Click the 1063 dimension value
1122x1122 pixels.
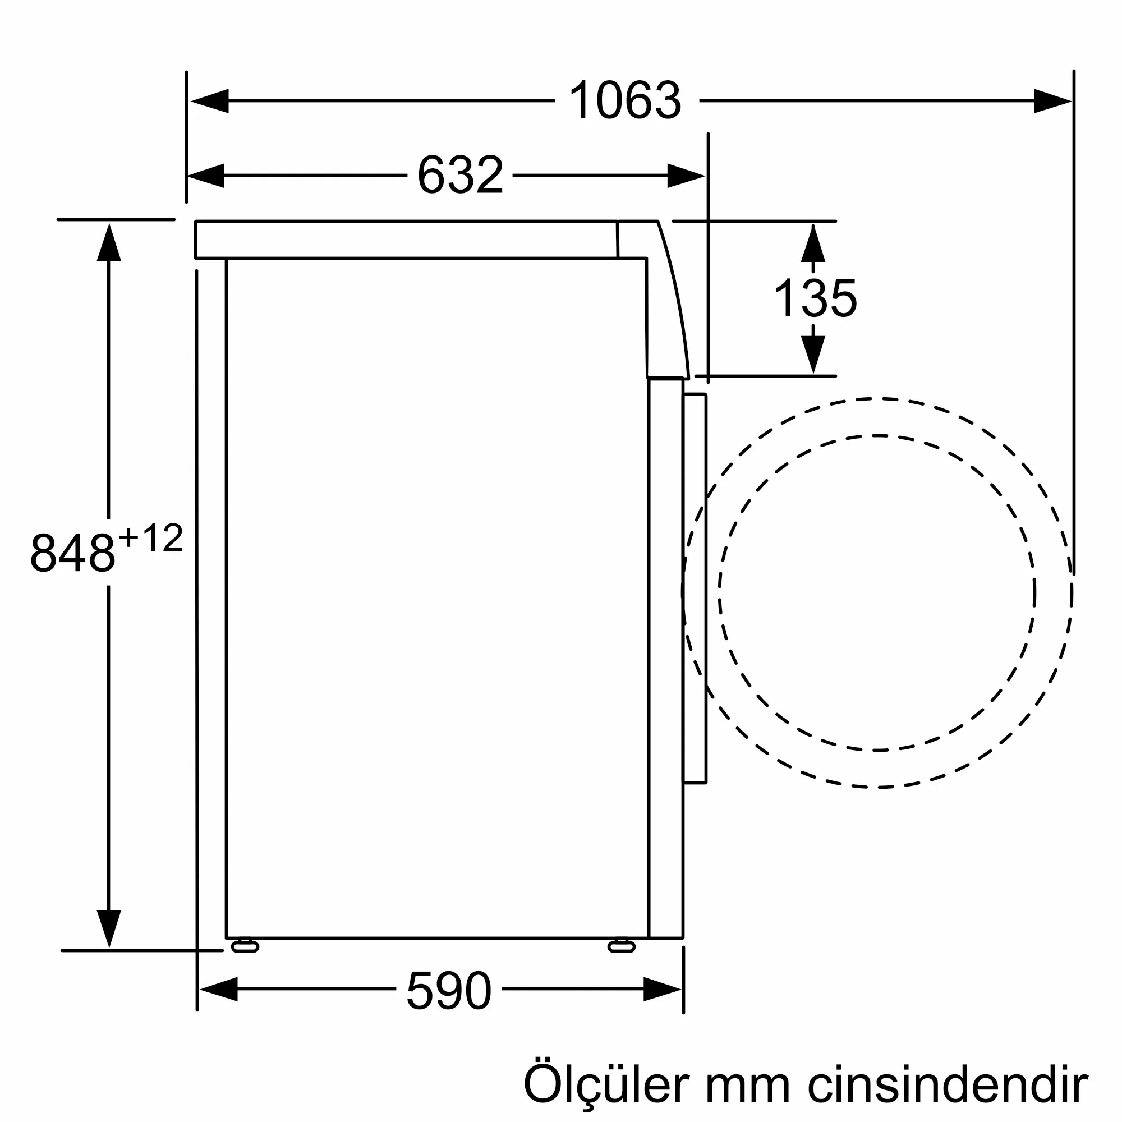click(626, 101)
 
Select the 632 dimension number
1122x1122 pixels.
click(460, 176)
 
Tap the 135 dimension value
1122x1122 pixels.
click(815, 298)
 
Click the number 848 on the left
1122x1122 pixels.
click(73, 553)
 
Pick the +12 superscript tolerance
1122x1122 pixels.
click(151, 538)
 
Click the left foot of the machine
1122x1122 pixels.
click(245, 947)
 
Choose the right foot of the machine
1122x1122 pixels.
click(622, 947)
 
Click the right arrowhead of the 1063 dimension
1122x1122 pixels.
click(1052, 101)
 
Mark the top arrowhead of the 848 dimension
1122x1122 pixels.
click(109, 243)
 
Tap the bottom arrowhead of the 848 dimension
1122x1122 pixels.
click(109, 928)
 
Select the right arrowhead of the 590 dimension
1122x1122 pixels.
click(662, 989)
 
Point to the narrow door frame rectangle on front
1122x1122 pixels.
click(695, 588)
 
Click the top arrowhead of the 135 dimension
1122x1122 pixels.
click(813, 244)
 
